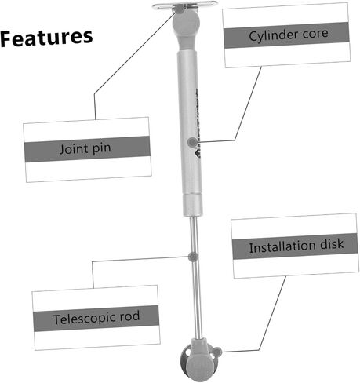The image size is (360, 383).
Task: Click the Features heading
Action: coord(46,38)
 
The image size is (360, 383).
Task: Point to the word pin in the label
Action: coord(101,148)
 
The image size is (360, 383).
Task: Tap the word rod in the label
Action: coord(129,316)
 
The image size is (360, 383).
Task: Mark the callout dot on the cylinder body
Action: coord(192,142)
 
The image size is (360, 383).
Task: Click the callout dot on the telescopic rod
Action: coord(193,257)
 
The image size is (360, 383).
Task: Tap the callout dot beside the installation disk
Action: coord(217,352)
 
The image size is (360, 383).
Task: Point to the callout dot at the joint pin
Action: coord(180,9)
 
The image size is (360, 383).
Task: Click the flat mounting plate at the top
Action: coord(185,5)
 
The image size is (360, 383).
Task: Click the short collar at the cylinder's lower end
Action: coord(193,205)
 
